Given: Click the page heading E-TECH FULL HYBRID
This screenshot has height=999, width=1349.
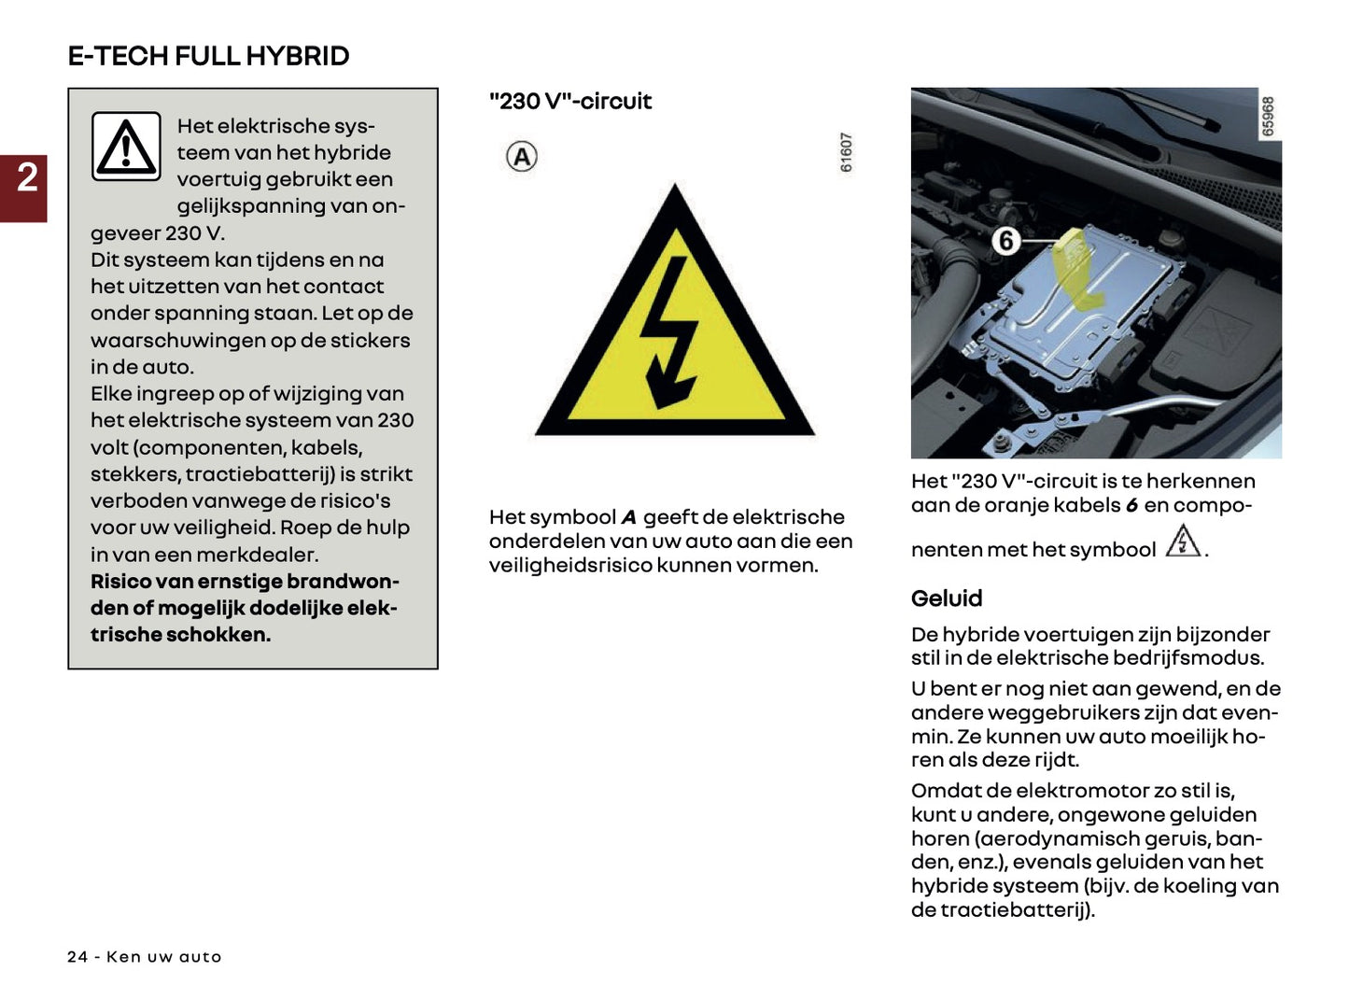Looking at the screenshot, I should [x=208, y=56].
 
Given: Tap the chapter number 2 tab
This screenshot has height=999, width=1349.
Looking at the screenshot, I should [x=26, y=177].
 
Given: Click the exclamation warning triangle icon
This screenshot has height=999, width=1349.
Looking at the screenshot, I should [x=126, y=147].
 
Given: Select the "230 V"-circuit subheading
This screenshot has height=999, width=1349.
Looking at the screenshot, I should [x=569, y=101].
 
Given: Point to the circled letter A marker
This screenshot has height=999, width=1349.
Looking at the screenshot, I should [x=522, y=157].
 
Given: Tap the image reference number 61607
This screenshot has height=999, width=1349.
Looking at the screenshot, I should [x=846, y=152].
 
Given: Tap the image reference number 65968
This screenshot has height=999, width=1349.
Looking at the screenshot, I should [x=1267, y=117].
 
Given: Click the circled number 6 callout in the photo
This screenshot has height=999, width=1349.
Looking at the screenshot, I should [x=1005, y=241].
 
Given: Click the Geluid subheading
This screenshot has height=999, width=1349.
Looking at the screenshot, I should [x=947, y=598].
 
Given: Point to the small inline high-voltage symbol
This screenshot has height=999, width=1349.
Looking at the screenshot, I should [x=1183, y=542].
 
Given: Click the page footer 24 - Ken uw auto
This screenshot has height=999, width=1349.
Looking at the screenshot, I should [x=145, y=957].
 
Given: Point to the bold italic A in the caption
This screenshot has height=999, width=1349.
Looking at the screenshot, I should [x=628, y=517].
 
